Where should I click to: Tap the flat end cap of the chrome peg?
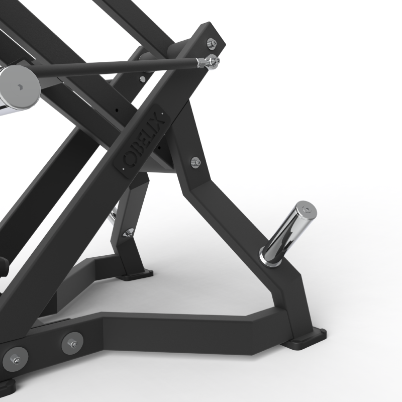click(x=306, y=210)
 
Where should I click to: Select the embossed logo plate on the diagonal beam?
click(x=142, y=141)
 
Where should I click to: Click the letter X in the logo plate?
click(x=157, y=119)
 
